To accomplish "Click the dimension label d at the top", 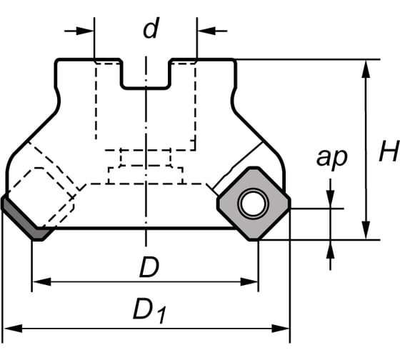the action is pyautogui.click(x=151, y=28).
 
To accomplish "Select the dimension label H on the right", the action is pyautogui.click(x=389, y=151).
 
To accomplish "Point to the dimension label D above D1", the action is pyautogui.click(x=149, y=267).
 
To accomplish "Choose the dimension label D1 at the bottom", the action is pyautogui.click(x=150, y=310).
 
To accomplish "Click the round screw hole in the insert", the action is pyautogui.click(x=253, y=204).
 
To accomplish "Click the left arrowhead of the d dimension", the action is pyautogui.click(x=86, y=31).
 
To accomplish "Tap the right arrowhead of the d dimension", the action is pyautogui.click(x=206, y=31).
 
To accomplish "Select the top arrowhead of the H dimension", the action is pyautogui.click(x=366, y=69).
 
